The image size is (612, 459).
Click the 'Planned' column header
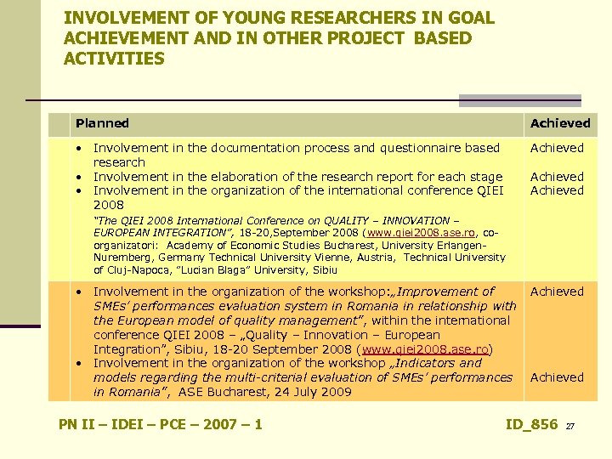pos(102,123)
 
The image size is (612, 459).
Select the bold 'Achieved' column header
pos(559,123)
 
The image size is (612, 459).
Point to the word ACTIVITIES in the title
pos(114,59)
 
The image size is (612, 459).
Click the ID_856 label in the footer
pos(531,424)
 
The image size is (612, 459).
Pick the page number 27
pos(571,426)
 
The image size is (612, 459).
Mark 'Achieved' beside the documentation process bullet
pos(557,148)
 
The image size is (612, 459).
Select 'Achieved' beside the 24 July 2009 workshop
pos(557,377)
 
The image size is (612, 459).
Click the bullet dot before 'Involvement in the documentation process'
pos(76,148)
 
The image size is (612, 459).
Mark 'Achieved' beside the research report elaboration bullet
pos(557,177)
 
